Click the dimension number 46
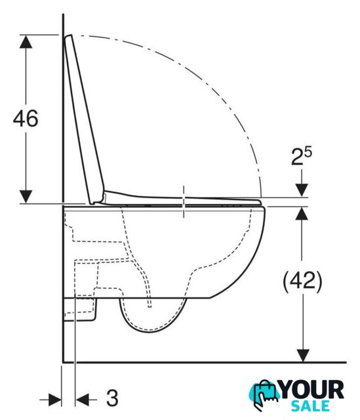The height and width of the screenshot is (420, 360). click(x=26, y=118)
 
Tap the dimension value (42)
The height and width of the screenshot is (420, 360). click(x=302, y=282)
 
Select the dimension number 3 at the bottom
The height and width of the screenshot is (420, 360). click(x=112, y=398)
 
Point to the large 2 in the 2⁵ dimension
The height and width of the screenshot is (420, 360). click(x=296, y=158)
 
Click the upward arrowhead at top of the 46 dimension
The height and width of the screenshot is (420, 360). click(x=26, y=42)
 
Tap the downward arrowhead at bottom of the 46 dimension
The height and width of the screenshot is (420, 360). click(x=26, y=197)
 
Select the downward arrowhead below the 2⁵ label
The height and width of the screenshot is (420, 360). click(x=302, y=190)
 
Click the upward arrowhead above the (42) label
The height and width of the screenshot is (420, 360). click(x=302, y=213)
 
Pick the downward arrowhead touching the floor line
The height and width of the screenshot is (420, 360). click(x=303, y=356)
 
